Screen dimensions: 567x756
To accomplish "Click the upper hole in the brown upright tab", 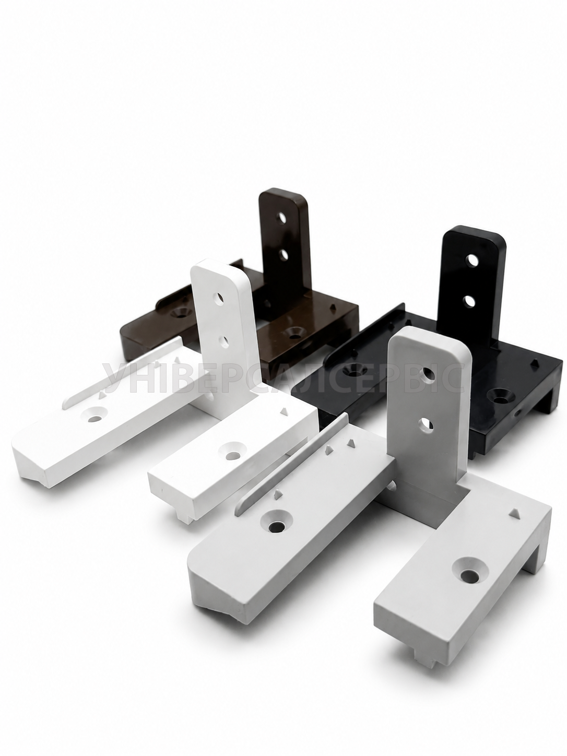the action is (282, 218).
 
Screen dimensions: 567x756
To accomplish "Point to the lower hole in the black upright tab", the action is (469, 302).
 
